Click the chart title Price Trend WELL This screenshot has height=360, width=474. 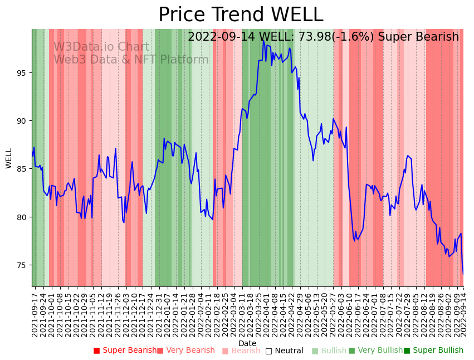tap(241, 15)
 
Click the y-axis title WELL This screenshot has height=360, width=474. tap(9, 158)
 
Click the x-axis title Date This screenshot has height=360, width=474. tap(247, 343)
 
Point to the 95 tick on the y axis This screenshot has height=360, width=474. tap(23, 72)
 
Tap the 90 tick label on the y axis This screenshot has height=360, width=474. tap(23, 121)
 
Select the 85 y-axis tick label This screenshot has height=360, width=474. tap(23, 169)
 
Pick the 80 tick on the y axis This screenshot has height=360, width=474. tap(23, 217)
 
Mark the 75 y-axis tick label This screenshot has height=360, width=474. tap(23, 265)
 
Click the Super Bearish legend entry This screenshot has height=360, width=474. tap(125, 351)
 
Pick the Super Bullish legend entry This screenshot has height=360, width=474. tap(434, 351)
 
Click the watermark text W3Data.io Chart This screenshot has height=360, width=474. tap(101, 47)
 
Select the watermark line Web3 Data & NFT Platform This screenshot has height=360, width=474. tap(131, 60)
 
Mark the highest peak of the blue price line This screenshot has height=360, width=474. tap(263, 41)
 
